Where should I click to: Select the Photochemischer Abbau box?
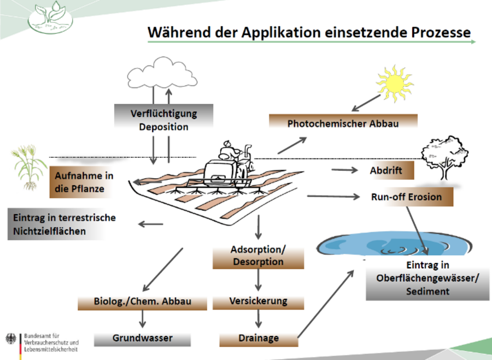[343, 123]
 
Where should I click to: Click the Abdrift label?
[386, 170]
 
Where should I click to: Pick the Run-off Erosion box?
[406, 197]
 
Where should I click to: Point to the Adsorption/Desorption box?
[259, 256]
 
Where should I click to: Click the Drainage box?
[259, 338]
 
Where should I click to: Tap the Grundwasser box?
[143, 338]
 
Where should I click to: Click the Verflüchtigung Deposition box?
[163, 120]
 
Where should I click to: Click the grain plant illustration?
[27, 165]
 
